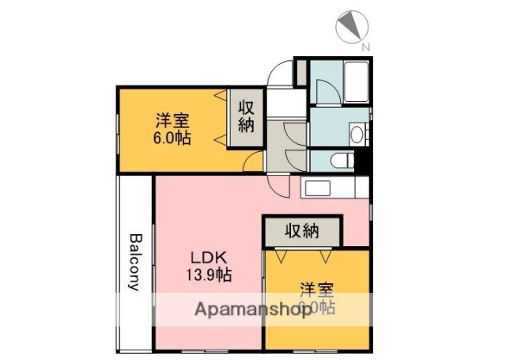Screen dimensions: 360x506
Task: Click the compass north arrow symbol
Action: click(350, 28)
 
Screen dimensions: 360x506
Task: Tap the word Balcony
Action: click(135, 262)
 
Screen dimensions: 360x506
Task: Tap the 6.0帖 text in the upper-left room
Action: click(172, 137)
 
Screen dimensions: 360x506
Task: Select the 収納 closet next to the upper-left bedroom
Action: click(245, 116)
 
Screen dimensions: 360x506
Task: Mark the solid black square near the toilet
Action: click(363, 163)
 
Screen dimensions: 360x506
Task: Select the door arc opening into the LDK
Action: click(278, 187)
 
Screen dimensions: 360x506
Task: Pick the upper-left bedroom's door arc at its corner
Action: click(253, 162)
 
